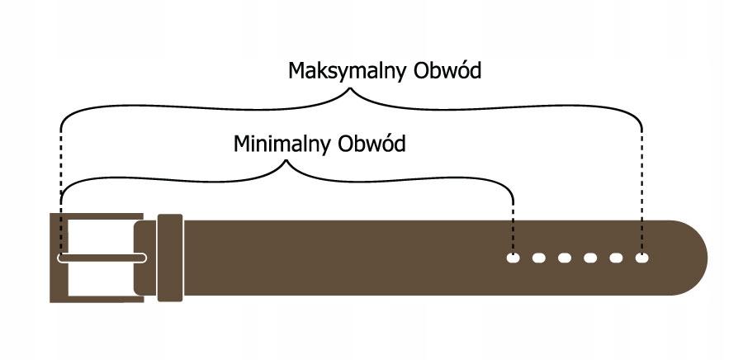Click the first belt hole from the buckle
513,258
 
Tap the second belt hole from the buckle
538,258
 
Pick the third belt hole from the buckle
565,258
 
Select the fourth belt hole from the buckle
590,258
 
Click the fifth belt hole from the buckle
616,258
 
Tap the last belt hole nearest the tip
642,258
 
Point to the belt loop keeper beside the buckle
170,258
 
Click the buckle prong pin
102,258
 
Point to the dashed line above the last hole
642,190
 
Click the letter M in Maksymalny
296,71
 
